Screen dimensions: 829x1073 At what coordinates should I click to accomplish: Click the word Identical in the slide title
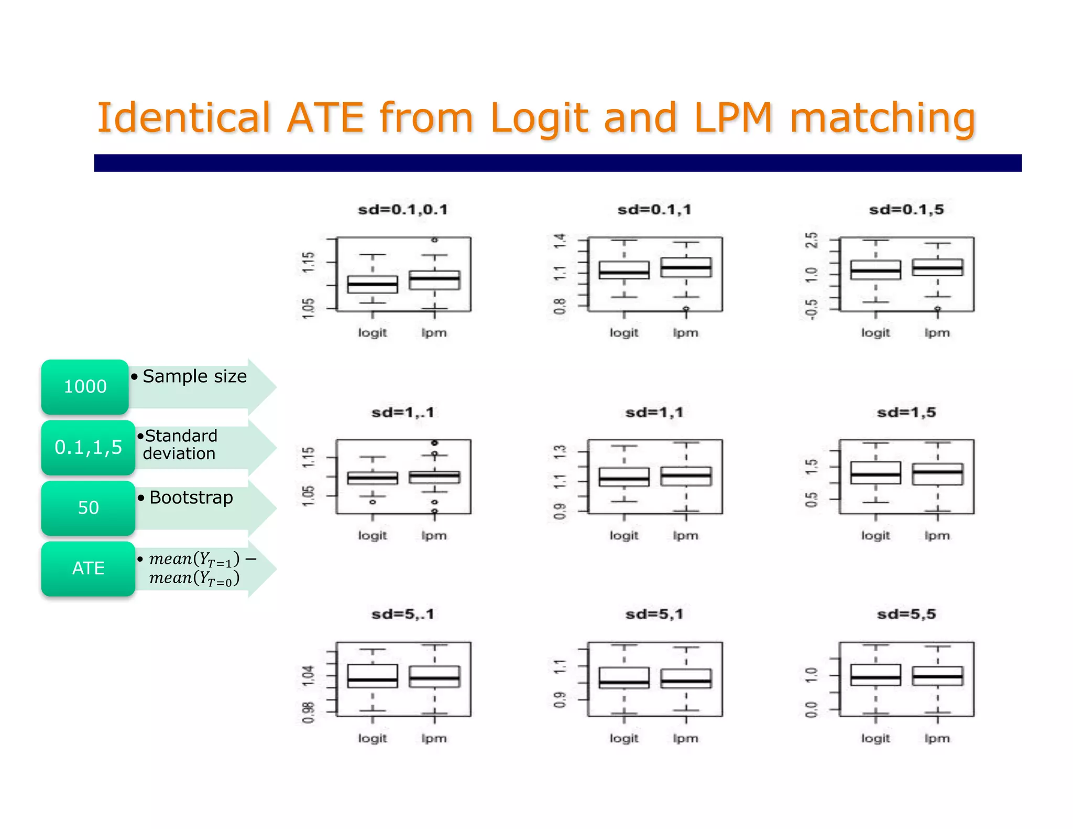[183, 117]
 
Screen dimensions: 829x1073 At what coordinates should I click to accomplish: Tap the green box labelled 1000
[85, 387]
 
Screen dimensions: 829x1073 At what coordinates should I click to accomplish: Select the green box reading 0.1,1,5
[88, 448]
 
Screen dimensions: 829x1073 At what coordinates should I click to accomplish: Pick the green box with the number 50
[88, 508]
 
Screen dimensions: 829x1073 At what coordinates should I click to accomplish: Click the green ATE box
[88, 569]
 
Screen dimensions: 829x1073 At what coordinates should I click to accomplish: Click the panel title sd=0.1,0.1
[402, 210]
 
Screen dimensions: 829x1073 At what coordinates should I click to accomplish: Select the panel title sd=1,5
[906, 413]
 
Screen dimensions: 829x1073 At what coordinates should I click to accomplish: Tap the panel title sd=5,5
[906, 614]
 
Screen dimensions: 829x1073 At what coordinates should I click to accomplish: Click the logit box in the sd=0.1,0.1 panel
[373, 285]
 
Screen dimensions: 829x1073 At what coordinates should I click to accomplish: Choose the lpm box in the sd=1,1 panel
[686, 476]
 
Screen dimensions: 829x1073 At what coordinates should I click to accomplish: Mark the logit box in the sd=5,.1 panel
[373, 676]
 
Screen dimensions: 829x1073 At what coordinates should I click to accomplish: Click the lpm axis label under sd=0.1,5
[937, 333]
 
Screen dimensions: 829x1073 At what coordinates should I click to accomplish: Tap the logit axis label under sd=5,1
[623, 738]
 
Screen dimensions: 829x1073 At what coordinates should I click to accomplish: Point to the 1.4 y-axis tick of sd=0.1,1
[560, 241]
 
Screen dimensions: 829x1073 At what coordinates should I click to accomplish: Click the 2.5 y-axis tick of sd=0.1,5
[811, 240]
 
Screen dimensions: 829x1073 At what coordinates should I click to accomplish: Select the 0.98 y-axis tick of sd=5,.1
[309, 712]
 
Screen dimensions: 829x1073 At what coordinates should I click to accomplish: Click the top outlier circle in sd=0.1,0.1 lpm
[434, 240]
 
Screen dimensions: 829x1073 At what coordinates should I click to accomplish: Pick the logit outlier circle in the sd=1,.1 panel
[373, 502]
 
